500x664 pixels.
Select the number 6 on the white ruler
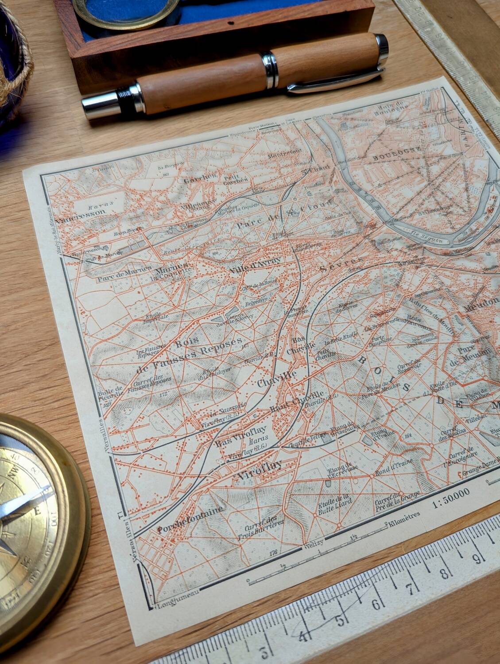(x=376, y=604)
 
